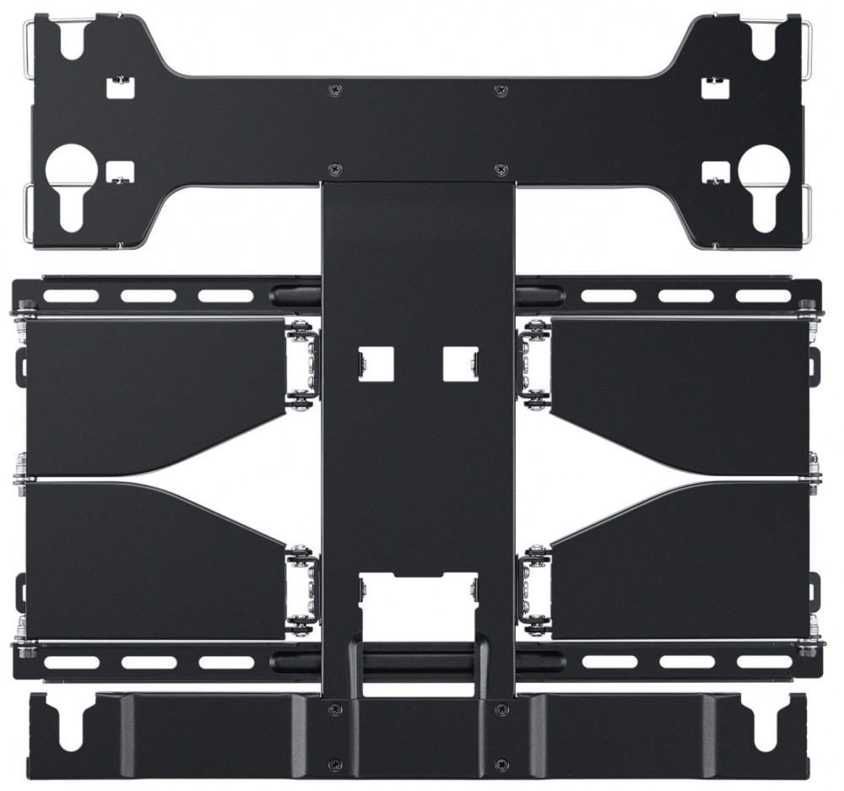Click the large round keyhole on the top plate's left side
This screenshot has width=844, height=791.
pos(72,165)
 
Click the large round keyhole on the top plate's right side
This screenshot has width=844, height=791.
pos(764,165)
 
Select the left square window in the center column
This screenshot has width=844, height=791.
pos(376,363)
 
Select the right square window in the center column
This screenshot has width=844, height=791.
pos(461,363)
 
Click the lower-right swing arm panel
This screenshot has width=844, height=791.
pos(684,557)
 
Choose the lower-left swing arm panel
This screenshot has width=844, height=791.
pos(152,557)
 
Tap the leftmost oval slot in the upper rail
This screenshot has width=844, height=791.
pos(71,296)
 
